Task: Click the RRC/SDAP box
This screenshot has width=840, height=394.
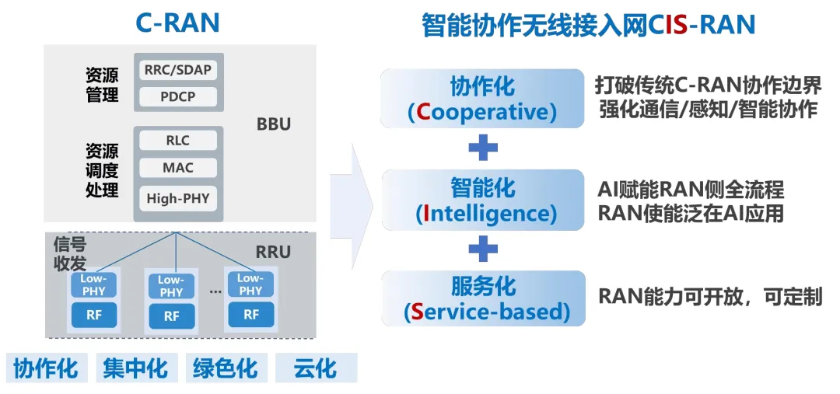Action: click(x=178, y=69)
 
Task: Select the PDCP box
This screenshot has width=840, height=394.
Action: click(x=178, y=97)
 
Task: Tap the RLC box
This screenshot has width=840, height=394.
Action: click(x=178, y=141)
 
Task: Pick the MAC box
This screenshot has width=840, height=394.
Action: click(x=178, y=168)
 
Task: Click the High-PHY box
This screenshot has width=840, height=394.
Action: click(x=178, y=198)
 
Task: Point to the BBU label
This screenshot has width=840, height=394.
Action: click(x=273, y=124)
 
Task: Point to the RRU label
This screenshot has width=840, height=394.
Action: click(x=273, y=252)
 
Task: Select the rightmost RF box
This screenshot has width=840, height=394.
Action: click(x=250, y=314)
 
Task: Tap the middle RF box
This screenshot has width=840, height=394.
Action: click(x=172, y=316)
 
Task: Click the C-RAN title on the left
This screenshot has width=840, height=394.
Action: click(x=177, y=23)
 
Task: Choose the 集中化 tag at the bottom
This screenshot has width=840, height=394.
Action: click(x=135, y=368)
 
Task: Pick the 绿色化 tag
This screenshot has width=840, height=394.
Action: click(x=225, y=368)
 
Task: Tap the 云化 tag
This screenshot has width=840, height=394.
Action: click(x=315, y=368)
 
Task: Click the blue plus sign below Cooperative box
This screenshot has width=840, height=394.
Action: click(x=482, y=148)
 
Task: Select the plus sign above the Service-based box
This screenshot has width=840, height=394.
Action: click(x=482, y=249)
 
